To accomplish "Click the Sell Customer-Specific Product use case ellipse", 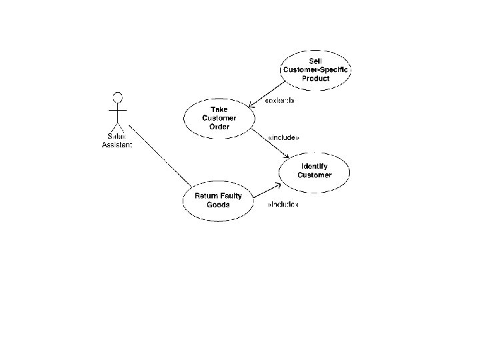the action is [x=315, y=69].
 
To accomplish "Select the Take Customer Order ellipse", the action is [x=219, y=117].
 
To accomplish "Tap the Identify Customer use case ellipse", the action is [x=314, y=171].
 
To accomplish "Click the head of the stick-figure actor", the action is [x=118, y=94].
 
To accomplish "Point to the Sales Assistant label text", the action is [x=117, y=141].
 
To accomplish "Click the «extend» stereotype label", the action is [x=279, y=101].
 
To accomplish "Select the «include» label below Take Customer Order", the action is [x=283, y=137].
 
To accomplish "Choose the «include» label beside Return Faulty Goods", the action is [x=283, y=205].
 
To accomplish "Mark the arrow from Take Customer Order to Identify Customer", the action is [x=270, y=146].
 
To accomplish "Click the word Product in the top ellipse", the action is [x=315, y=78].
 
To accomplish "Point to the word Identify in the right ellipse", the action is [x=314, y=166].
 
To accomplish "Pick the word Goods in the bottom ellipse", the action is [x=218, y=205].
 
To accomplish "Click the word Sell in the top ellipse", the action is [x=315, y=61].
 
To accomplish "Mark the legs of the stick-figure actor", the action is [x=118, y=127].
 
